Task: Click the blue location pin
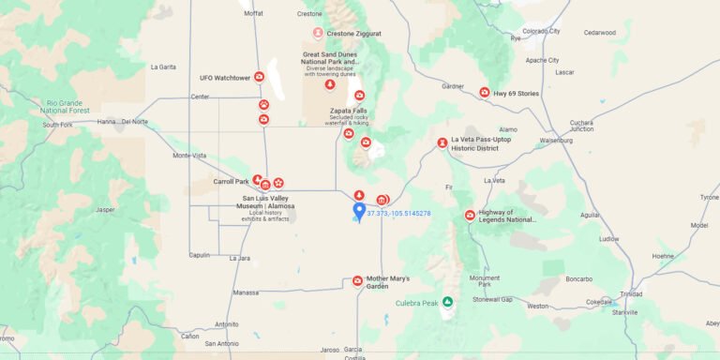tap(359, 211)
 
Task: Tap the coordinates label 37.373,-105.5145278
tap(398, 214)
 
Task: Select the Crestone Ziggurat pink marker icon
tap(318, 33)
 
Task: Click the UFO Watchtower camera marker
tap(260, 78)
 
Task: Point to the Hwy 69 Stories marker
tap(485, 93)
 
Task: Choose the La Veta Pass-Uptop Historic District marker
tap(442, 143)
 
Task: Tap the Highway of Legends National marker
tap(470, 216)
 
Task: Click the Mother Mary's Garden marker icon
tap(357, 280)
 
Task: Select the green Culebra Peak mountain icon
tap(448, 302)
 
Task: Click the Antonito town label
tap(227, 324)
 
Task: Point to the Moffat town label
tap(253, 14)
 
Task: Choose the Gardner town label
tap(453, 86)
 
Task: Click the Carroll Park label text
tap(231, 181)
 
